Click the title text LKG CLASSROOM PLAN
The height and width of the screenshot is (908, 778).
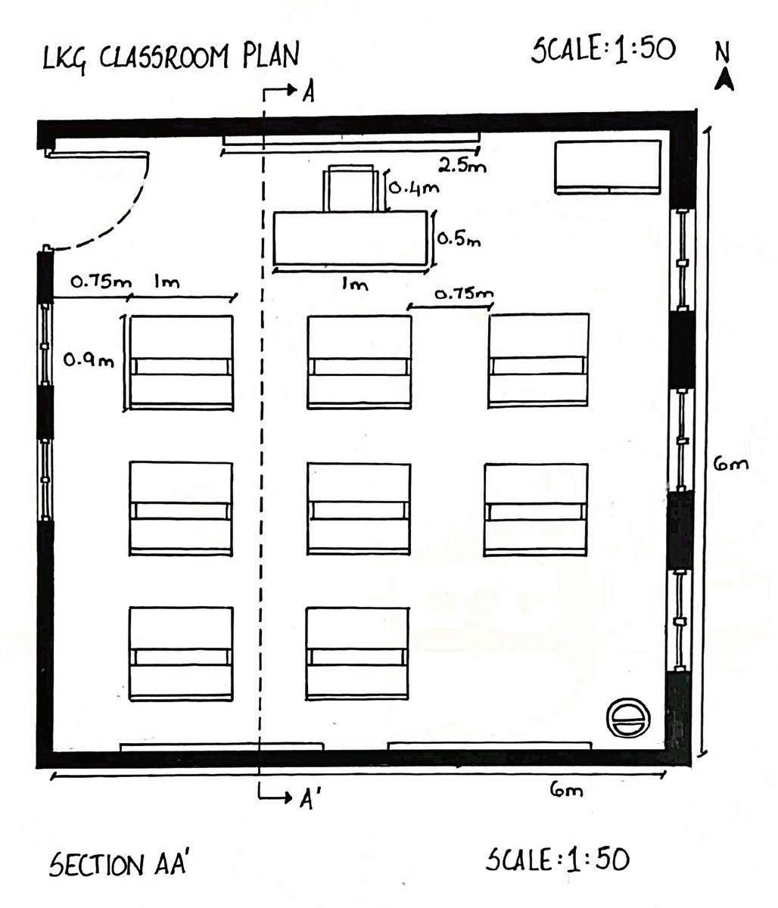click(172, 56)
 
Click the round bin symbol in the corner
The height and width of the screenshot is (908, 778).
click(628, 716)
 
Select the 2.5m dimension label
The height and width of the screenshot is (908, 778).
click(461, 164)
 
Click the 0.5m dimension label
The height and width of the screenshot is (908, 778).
click(459, 240)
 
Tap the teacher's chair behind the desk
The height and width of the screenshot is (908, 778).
click(350, 188)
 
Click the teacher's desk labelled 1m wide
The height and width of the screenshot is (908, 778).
click(350, 238)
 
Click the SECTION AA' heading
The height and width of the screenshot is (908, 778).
click(117, 864)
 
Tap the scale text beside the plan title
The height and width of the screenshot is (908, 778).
click(603, 51)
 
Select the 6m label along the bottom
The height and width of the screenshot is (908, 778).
click(567, 791)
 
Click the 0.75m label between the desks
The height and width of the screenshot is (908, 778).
click(464, 294)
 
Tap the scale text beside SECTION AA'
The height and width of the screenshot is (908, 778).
click(557, 860)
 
